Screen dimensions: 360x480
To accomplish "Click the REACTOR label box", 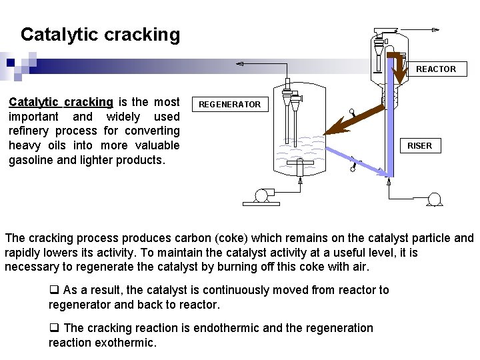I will tap(436, 69).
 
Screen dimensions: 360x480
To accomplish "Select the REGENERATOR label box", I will tap(230, 105).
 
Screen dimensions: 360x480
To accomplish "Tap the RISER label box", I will tap(419, 145).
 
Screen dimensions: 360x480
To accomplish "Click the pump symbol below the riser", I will tap(435, 199).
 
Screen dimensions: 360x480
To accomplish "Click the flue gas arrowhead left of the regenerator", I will tap(240, 64).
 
